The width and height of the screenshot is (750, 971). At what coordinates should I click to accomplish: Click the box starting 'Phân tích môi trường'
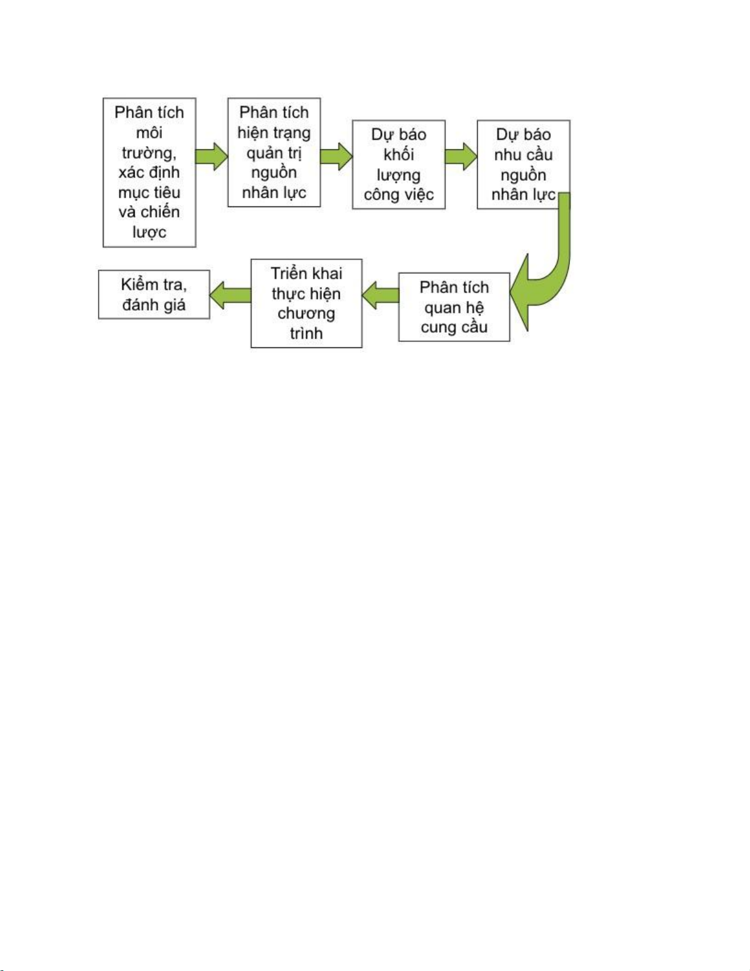pyautogui.click(x=149, y=173)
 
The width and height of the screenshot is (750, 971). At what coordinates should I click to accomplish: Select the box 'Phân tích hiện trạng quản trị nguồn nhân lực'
pyautogui.click(x=274, y=153)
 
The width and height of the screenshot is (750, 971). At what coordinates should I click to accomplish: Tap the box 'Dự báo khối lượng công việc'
pyautogui.click(x=399, y=164)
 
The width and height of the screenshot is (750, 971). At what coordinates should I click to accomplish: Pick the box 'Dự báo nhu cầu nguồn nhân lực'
pyautogui.click(x=523, y=164)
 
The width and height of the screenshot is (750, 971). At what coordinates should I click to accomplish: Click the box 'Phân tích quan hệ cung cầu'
pyautogui.click(x=454, y=307)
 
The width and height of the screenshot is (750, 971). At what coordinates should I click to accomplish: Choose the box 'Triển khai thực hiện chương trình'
pyautogui.click(x=306, y=303)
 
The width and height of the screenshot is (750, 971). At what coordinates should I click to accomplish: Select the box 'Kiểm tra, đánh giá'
pyautogui.click(x=154, y=295)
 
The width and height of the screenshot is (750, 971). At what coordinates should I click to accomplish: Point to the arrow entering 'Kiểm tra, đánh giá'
pyautogui.click(x=230, y=295)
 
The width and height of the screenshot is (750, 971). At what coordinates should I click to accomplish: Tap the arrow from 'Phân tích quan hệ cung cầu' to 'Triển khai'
pyautogui.click(x=380, y=295)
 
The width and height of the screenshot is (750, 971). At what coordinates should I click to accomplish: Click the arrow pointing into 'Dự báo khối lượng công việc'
pyautogui.click(x=337, y=156)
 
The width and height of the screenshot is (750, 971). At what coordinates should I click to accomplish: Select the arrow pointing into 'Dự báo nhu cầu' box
pyautogui.click(x=461, y=156)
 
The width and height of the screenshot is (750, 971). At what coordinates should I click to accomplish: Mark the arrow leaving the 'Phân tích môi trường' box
pyautogui.click(x=212, y=156)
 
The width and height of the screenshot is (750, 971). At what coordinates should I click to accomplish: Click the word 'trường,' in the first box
pyautogui.click(x=149, y=153)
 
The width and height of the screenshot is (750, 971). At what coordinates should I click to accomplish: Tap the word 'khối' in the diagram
pyautogui.click(x=399, y=154)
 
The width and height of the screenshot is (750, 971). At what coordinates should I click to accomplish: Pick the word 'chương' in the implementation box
pyautogui.click(x=306, y=313)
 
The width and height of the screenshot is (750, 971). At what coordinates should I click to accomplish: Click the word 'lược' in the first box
pyautogui.click(x=149, y=232)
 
